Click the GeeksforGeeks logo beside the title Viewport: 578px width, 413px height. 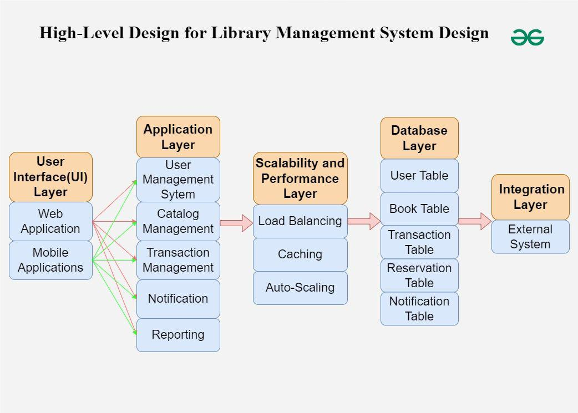[527, 37]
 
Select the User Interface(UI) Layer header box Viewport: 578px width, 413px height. [50, 177]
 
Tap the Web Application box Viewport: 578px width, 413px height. [50, 221]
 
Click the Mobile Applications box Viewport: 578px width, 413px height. [50, 260]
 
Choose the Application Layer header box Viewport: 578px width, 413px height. [178, 137]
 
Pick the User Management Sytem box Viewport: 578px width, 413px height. [178, 180]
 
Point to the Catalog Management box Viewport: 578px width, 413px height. [178, 221]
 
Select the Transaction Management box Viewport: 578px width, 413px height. [178, 260]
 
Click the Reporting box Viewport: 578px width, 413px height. [178, 335]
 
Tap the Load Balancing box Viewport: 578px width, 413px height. [300, 221]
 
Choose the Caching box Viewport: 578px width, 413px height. [300, 254]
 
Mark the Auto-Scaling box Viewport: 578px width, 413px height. [300, 288]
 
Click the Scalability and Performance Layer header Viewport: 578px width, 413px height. [300, 179]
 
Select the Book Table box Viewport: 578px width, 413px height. [419, 209]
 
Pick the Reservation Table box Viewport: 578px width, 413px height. [419, 276]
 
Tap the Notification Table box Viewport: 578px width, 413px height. [419, 309]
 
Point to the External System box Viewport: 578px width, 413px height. [530, 237]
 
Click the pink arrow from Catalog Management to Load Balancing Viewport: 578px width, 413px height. [236, 223]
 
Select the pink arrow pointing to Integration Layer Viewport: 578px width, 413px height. [475, 221]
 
